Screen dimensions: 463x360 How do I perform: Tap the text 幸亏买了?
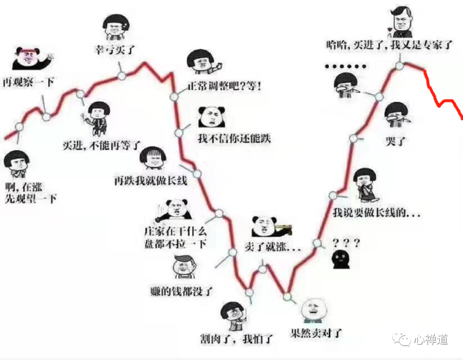pyautogui.click(x=114, y=50)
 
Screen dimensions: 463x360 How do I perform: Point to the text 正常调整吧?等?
pyautogui.click(x=224, y=86)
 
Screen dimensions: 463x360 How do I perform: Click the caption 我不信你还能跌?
pyautogui.click(x=234, y=138)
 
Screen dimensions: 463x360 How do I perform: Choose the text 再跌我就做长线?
pyautogui.click(x=150, y=180)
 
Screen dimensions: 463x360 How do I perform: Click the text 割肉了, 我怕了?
pyautogui.click(x=236, y=339)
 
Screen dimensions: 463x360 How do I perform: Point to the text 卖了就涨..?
pyautogui.click(x=272, y=247)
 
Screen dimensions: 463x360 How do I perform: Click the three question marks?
pyautogui.click(x=346, y=243)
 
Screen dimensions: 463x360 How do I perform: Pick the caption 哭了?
pyautogui.click(x=395, y=140)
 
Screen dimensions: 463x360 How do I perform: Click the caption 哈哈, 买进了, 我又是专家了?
pyautogui.click(x=389, y=45)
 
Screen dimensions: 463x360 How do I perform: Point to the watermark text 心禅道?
pyautogui.click(x=431, y=339)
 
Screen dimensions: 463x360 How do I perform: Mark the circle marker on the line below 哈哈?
pyautogui.click(x=400, y=66)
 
